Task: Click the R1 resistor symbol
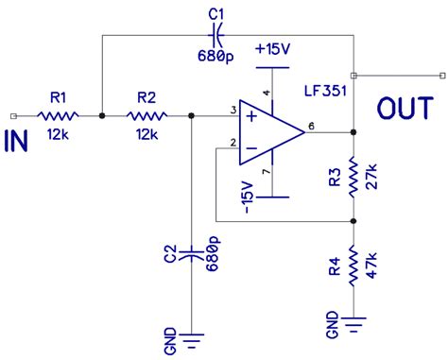click(x=59, y=115)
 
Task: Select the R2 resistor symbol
click(x=146, y=115)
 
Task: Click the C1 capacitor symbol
click(x=216, y=36)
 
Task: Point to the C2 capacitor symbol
click(x=192, y=252)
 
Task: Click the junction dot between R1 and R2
click(x=101, y=115)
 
